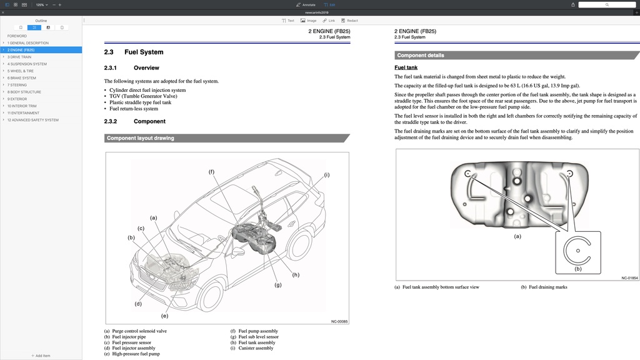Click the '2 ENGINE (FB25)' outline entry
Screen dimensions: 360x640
point(21,50)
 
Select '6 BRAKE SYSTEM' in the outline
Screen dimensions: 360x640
point(22,78)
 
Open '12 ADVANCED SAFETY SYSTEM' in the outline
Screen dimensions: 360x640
point(33,120)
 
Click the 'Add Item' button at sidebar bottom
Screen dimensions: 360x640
point(41,356)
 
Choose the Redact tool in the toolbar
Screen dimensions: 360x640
point(349,21)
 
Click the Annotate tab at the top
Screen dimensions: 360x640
point(306,4)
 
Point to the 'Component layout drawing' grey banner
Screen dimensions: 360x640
point(141,138)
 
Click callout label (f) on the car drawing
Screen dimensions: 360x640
point(211,172)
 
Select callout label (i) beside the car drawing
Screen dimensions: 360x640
point(326,174)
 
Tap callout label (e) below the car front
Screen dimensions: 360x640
point(165,316)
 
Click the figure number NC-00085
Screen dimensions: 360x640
point(339,322)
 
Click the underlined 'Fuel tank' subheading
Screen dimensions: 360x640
point(406,67)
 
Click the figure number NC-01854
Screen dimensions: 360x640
point(629,278)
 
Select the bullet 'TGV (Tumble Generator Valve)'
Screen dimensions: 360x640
point(143,96)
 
